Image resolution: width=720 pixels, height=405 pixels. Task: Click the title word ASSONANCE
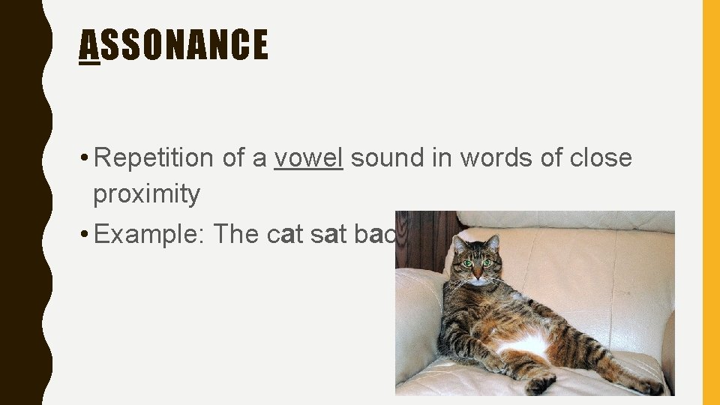tap(173, 44)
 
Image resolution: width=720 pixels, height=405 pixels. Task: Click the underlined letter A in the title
tap(89, 44)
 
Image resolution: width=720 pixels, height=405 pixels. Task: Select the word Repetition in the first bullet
tap(155, 158)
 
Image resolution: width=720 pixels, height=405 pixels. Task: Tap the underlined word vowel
tap(308, 158)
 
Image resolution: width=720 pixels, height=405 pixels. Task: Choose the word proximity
tap(146, 194)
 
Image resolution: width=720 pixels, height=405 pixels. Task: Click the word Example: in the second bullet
tap(150, 235)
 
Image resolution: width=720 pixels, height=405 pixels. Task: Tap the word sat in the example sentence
tap(328, 235)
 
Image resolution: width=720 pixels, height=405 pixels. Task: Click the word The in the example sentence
tap(237, 235)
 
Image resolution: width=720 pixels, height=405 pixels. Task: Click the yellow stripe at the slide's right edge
tap(710, 202)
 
